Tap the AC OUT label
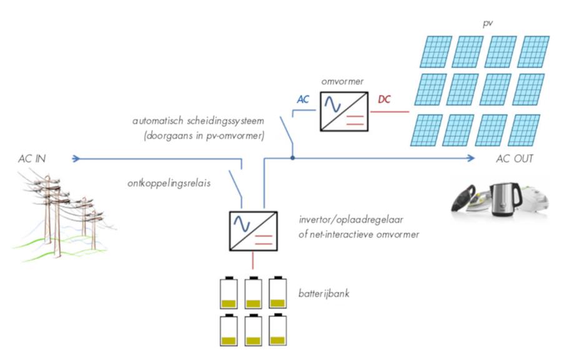[515, 159]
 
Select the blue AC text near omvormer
[303, 100]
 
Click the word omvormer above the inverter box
[338, 82]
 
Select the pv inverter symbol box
[343, 112]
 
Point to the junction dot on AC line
[292, 158]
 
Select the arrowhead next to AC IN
[76, 158]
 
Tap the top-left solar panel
[433, 51]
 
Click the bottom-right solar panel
[524, 129]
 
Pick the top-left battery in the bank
[229, 293]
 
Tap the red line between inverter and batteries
[252, 261]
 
